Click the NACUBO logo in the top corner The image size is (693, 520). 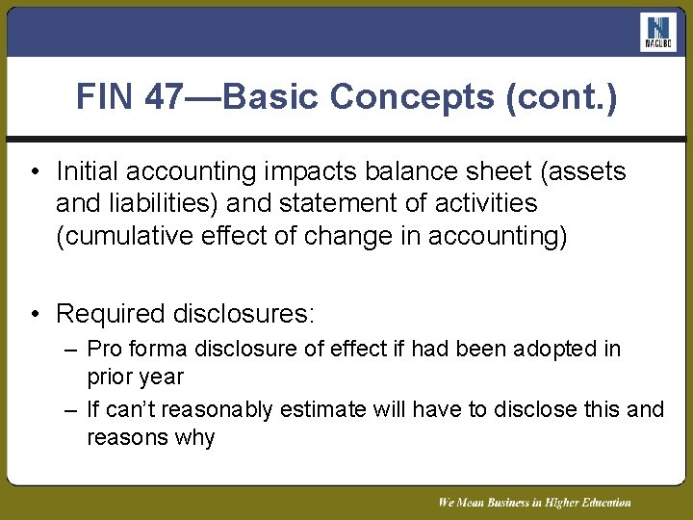tap(658, 33)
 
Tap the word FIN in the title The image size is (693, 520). tap(108, 96)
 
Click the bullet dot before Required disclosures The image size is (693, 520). tap(33, 314)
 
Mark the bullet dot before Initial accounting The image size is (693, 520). tap(33, 173)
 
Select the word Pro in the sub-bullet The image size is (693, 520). tap(103, 349)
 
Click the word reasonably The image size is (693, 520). tap(218, 410)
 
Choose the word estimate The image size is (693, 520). tap(323, 410)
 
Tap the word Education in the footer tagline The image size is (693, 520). tap(600, 502)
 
